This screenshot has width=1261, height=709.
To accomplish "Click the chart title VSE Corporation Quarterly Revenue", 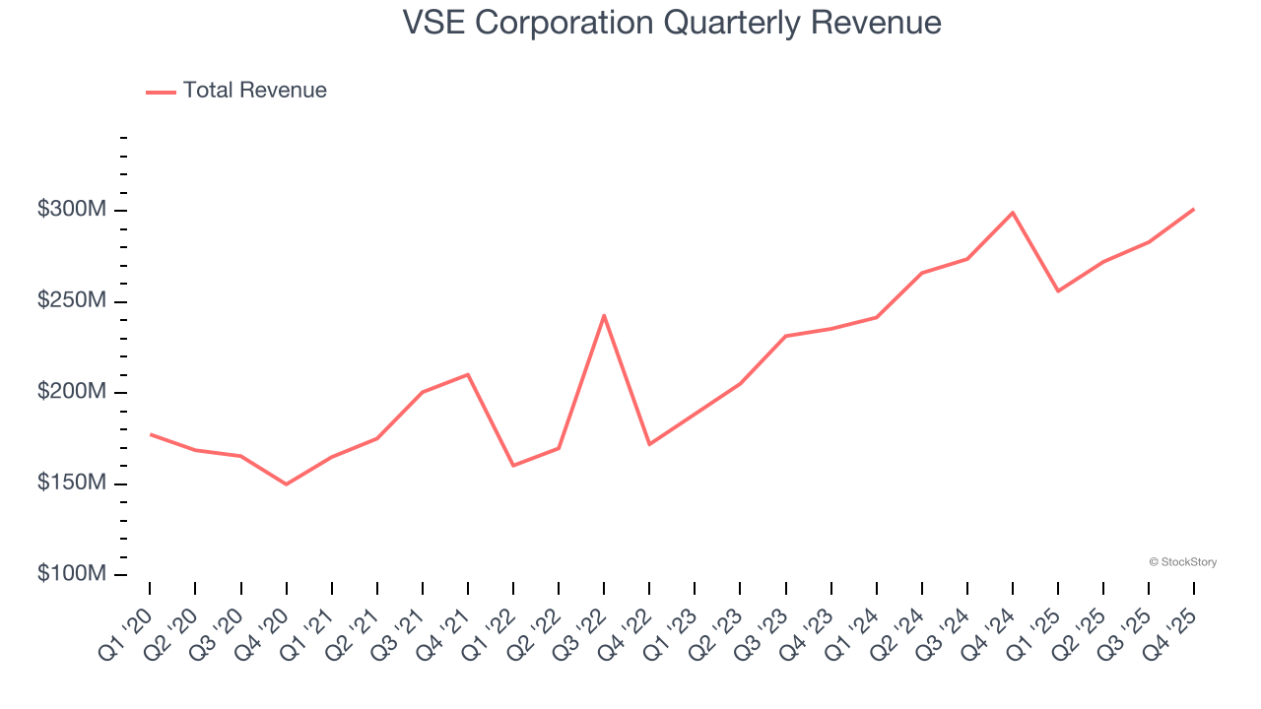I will (x=672, y=23).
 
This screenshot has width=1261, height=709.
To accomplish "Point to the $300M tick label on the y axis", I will (x=71, y=210).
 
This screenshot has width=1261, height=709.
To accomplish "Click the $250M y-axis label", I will (x=71, y=300).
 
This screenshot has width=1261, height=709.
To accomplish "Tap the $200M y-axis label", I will (x=71, y=392).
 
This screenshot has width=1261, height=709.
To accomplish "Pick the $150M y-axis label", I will (x=71, y=483).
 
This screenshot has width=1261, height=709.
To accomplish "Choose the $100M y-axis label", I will (x=71, y=574).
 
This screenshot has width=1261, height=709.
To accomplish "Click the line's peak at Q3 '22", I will (x=604, y=315).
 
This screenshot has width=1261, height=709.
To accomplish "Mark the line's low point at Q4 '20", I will (x=286, y=484).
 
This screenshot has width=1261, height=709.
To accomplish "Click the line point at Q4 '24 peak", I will (x=1013, y=213).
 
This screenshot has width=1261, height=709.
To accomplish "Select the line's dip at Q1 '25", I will (x=1058, y=290).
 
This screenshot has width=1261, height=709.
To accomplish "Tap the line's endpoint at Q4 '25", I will (x=1194, y=209).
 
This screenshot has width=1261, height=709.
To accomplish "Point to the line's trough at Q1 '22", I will (x=513, y=466).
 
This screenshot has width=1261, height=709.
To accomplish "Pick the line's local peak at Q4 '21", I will (x=468, y=374).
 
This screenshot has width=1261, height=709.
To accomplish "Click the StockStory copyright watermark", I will (x=1183, y=562).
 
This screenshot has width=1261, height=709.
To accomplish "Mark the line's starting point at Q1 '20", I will (x=150, y=434).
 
